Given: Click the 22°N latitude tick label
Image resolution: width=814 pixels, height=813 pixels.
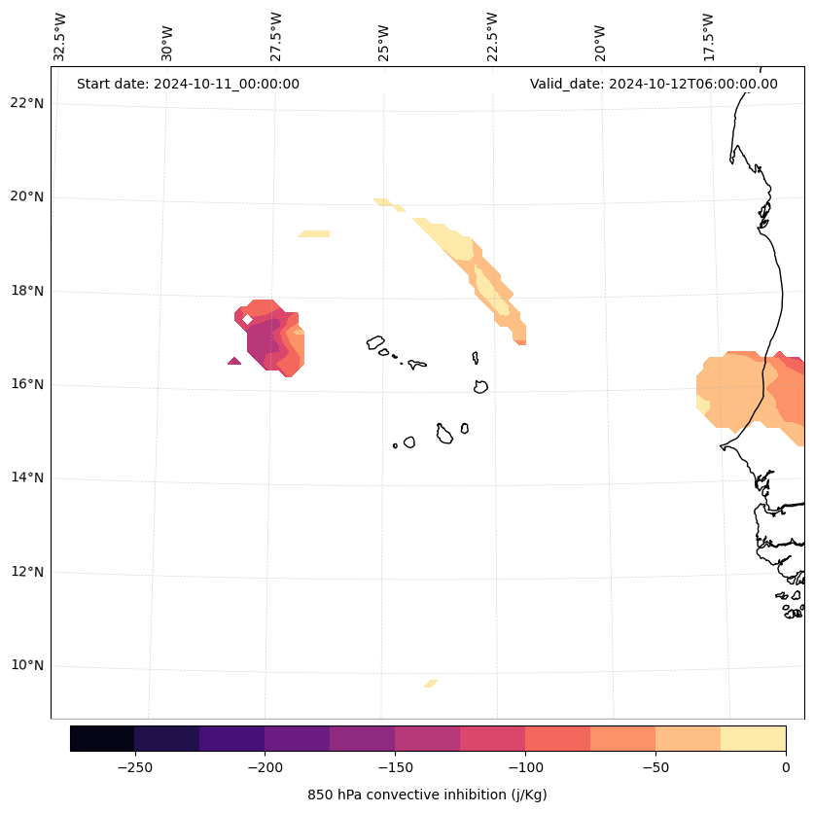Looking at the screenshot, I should pos(27,103).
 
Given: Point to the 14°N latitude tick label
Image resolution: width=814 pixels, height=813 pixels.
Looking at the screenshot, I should pos(27,477).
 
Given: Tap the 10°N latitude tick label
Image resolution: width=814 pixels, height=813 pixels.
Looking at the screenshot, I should pos(27,665).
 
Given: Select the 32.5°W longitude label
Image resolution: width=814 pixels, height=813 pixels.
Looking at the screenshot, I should pos(60,37).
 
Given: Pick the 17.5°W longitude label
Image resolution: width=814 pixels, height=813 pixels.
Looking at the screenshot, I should pos(708,37).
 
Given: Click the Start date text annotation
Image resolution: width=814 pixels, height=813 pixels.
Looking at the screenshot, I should pos(188,84).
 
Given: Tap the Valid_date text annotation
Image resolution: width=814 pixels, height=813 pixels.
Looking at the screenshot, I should pos(654,84).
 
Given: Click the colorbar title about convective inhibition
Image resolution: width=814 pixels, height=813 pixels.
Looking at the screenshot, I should pos(427,795).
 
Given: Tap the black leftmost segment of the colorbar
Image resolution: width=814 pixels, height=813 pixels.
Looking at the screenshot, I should pos(102,738).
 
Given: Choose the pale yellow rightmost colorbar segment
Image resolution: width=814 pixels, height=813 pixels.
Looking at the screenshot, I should pos(753,738).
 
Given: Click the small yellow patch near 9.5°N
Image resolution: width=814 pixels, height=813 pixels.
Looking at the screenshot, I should pos(431,684).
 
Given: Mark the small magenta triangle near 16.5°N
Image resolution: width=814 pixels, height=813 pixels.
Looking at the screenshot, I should pos(234,361).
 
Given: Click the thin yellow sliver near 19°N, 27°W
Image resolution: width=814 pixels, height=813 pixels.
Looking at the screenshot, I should pos(314,233).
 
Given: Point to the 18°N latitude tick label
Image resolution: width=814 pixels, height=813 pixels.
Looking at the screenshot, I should pos(27,291).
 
